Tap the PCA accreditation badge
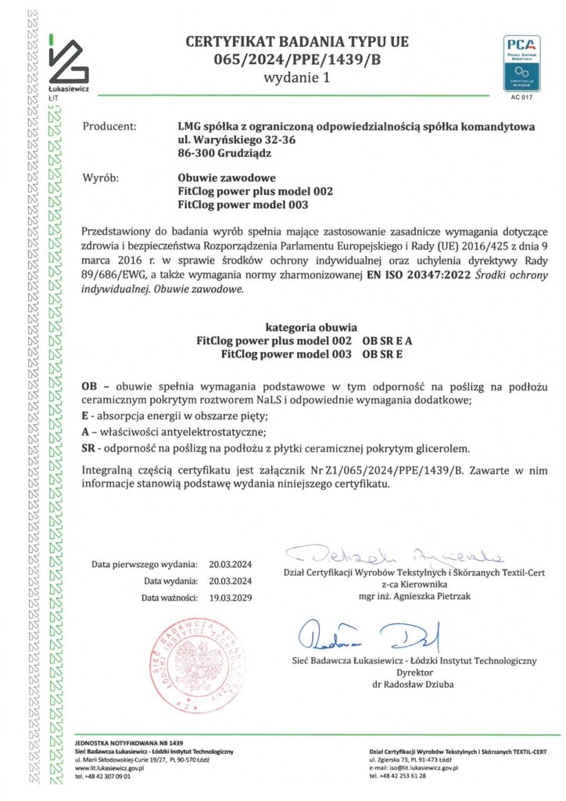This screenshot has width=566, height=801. click(521, 63)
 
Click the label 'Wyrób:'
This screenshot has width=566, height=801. click(100, 178)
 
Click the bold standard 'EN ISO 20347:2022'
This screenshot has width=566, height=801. click(407, 275)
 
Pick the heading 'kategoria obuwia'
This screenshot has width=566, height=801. click(311, 328)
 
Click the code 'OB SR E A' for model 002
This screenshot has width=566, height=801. click(388, 341)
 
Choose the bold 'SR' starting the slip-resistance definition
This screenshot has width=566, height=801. click(88, 448)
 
